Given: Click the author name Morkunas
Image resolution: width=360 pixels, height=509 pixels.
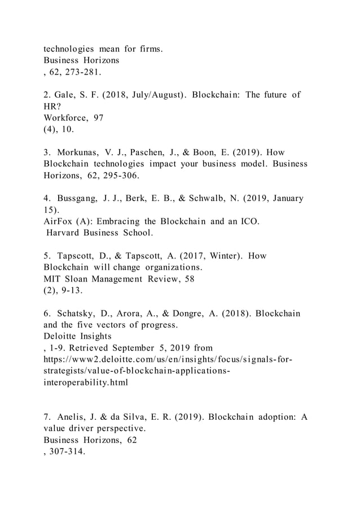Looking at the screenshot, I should tap(81, 152).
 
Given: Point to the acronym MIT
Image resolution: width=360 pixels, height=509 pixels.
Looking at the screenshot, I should tap(54, 278).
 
